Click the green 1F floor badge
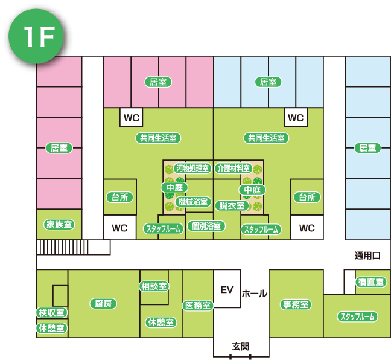point(35,37)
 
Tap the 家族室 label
point(60,224)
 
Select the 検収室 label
point(52,312)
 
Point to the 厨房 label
point(102,304)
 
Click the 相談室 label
point(154,286)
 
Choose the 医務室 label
point(197,306)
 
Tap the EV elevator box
point(227,290)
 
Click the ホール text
point(255,294)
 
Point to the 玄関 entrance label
point(241,347)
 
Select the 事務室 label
point(296,304)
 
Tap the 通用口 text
point(367,256)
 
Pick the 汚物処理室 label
point(192,168)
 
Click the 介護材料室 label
point(233,168)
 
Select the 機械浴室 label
point(192,202)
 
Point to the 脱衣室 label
point(232,205)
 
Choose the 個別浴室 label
point(206,226)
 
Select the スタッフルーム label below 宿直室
point(357,317)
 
